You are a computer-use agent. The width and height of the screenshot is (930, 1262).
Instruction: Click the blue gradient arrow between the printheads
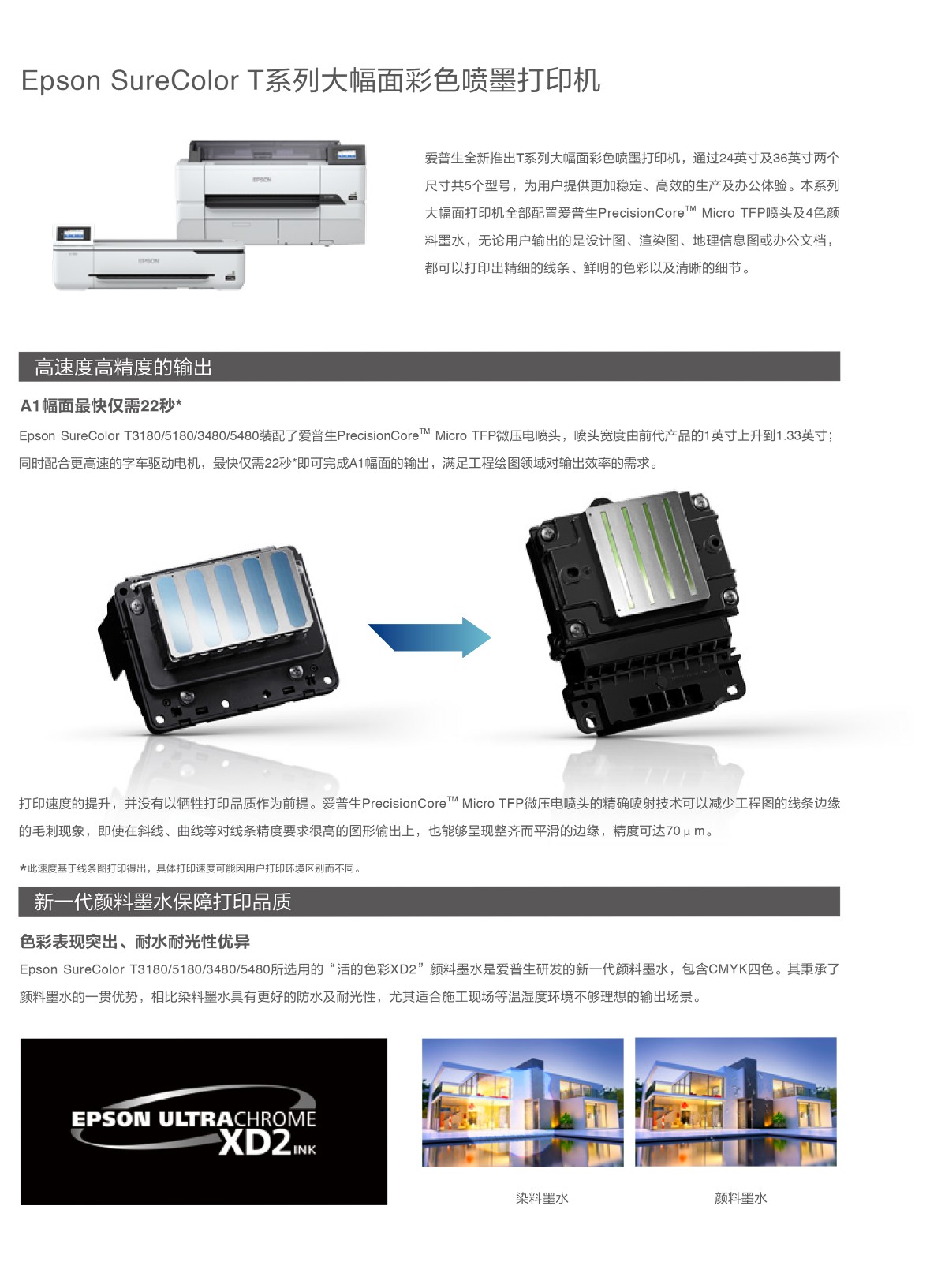point(429,637)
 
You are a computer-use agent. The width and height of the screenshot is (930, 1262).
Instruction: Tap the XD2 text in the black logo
point(255,1143)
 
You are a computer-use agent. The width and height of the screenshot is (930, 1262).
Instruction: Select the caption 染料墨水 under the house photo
point(542,1198)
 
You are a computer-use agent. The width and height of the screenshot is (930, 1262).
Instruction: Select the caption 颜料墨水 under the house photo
point(741,1198)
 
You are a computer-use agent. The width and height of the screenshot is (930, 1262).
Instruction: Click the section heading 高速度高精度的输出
point(123,368)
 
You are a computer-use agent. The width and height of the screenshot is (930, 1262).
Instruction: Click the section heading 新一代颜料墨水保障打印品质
point(162,902)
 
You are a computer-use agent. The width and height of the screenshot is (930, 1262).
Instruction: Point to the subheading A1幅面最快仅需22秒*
point(101,405)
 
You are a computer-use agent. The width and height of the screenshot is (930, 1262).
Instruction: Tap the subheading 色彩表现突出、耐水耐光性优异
point(135,941)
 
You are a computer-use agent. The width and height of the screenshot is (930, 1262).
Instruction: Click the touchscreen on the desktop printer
point(74,233)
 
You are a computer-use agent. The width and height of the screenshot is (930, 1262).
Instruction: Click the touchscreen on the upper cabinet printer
point(346,155)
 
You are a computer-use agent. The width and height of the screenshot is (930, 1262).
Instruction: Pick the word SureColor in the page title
point(174,80)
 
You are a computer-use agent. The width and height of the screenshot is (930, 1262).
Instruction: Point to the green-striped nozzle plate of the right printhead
point(648,553)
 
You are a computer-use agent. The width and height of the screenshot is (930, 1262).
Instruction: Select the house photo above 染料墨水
point(523,1102)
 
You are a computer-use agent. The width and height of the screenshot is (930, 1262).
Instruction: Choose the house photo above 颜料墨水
point(736,1102)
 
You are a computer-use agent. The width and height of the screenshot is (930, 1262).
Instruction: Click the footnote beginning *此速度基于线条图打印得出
point(190,868)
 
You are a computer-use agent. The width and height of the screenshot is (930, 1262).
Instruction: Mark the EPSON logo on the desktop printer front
point(149,261)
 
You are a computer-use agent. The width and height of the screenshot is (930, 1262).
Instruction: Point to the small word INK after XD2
point(304,1149)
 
